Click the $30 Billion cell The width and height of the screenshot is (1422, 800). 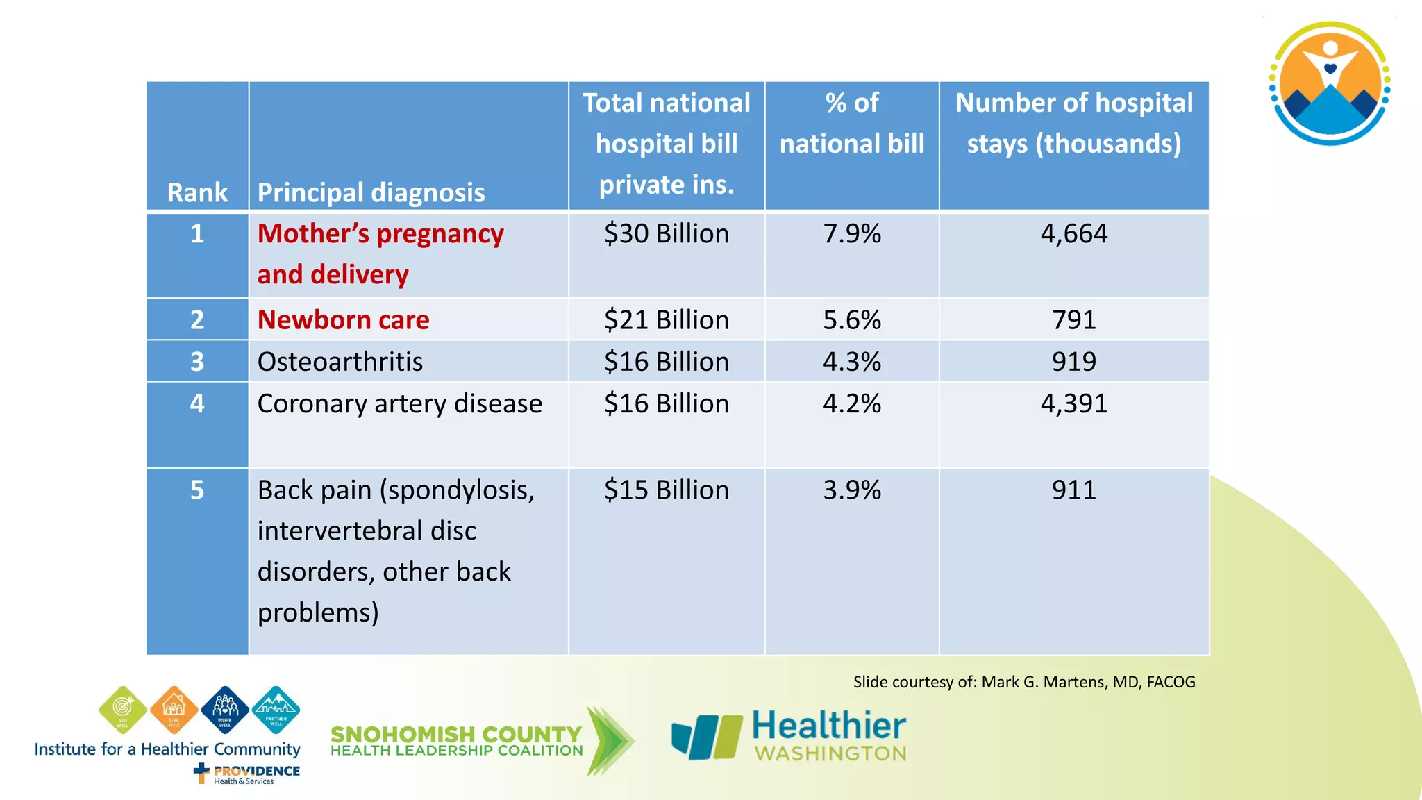[667, 234]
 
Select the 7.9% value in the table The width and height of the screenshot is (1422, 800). [852, 234]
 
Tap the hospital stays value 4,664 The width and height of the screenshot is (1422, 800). [1073, 234]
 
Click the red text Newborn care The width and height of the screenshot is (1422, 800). [343, 320]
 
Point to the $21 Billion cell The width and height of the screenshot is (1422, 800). [667, 320]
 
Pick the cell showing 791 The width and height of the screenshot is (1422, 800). [1073, 320]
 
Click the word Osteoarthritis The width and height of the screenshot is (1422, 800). [340, 362]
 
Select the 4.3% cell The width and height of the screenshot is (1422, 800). [852, 362]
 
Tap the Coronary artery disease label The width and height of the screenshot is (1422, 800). [399, 404]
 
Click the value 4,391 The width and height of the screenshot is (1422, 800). [1073, 404]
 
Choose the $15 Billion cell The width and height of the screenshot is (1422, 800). [667, 490]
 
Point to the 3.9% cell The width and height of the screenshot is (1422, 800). [852, 490]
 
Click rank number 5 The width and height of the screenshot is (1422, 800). [197, 490]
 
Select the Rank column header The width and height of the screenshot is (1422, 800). [197, 192]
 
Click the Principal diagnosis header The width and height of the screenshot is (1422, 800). [371, 192]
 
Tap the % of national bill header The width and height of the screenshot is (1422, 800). [852, 124]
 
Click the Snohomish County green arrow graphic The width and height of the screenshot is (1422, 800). [609, 740]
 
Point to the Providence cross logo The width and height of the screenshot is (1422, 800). [201, 772]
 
